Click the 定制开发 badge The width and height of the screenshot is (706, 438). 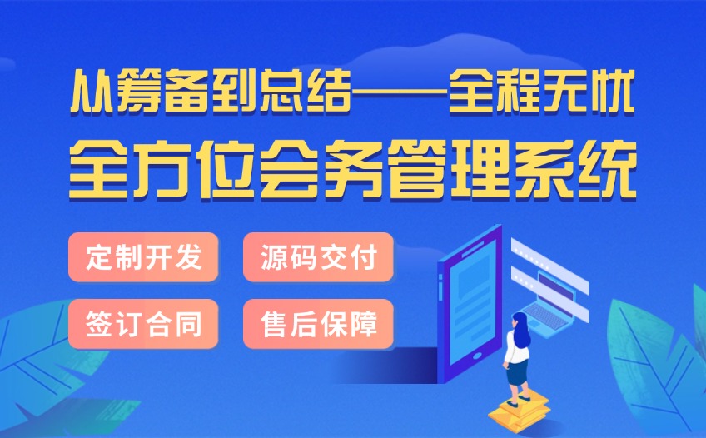143,257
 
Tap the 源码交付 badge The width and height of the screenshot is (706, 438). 318,257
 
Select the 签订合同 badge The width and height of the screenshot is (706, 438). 143,324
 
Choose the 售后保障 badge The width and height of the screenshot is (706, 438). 318,324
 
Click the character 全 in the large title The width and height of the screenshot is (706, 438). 98,169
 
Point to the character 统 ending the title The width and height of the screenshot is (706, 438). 607,169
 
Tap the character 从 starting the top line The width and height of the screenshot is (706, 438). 92,92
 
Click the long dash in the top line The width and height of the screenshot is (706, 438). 399,92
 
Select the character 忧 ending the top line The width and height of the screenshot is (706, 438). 614,92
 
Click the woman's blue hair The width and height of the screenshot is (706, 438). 521,330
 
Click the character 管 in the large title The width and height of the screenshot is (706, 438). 416,169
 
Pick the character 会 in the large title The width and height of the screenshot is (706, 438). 289,169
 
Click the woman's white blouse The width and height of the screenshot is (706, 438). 516,347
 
